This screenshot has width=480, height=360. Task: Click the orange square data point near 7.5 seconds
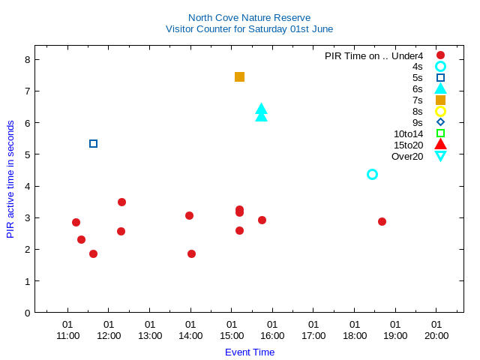239,76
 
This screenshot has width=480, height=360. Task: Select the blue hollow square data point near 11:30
93,143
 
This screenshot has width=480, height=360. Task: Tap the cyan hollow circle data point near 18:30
372,174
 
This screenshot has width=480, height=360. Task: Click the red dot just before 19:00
382,221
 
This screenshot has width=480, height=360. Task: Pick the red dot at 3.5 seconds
121,202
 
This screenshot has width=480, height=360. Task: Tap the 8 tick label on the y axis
28,59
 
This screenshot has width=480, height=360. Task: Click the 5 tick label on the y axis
28,154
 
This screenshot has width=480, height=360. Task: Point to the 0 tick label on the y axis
28,313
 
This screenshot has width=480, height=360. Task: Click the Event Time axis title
250,352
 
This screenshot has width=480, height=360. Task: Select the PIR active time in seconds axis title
10,178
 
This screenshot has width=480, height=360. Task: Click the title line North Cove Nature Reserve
250,17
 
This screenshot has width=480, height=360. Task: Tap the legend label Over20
407,156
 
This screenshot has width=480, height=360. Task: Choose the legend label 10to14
408,133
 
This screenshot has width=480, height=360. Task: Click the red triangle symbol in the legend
440,145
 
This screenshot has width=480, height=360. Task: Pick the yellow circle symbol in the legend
440,111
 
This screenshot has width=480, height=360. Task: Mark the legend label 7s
418,100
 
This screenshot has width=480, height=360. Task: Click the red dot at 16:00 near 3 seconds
262,220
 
